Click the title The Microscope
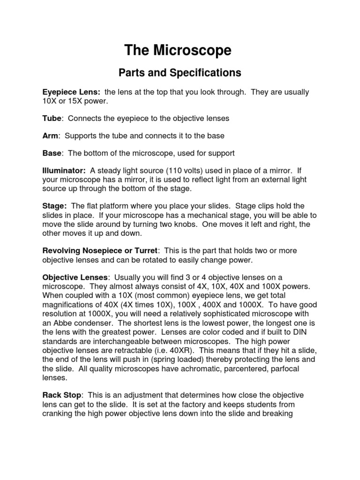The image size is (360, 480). [x=178, y=51]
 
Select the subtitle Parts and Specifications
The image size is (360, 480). [x=180, y=73]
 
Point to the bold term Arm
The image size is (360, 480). [x=51, y=136]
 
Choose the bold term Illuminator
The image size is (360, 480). [x=64, y=171]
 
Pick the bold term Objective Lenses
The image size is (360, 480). [x=75, y=277]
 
